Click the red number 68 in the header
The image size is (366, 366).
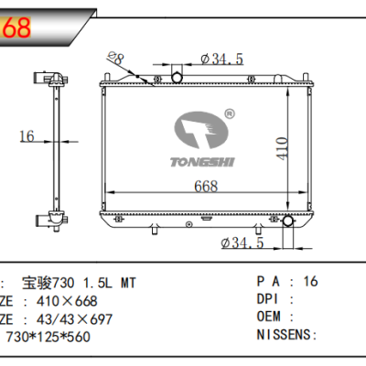pos(16,27)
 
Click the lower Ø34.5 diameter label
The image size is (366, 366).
pos(242,242)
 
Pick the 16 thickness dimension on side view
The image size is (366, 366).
pos(27,136)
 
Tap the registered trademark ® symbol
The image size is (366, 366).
pos(230,115)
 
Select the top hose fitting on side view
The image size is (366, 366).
pos(46,79)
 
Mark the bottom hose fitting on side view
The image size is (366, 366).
pos(43,220)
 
